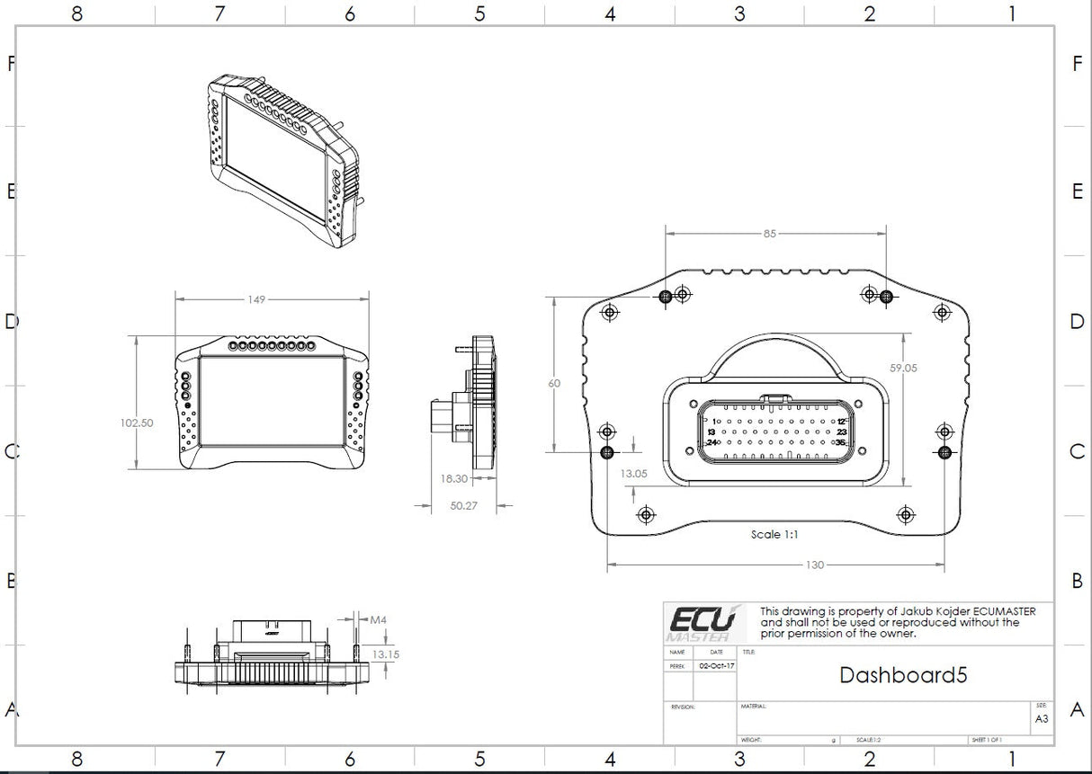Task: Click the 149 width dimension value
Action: pos(257,299)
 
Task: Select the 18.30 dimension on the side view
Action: pos(454,479)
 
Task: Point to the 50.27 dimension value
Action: pos(463,506)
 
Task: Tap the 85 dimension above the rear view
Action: pos(769,234)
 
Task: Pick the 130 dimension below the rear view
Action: pos(813,565)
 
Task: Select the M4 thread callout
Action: pos(379,619)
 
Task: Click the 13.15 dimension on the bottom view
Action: pos(385,654)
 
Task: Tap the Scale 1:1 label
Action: pos(774,534)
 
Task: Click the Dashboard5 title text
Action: pos(903,675)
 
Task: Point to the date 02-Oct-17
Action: pos(717,666)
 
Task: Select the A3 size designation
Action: pos(1041,719)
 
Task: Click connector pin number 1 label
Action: pos(716,421)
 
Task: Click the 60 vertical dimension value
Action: pos(554,383)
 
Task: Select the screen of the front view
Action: pos(273,401)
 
